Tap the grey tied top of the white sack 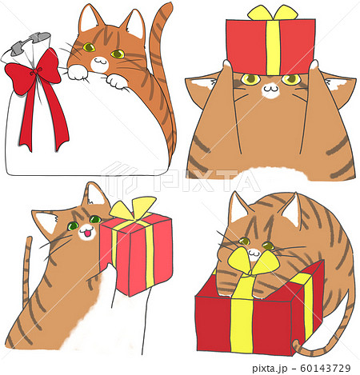[30, 44]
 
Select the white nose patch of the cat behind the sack [99, 64]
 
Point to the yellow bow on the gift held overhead [272, 14]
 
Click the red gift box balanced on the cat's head [270, 46]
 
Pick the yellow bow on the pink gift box [133, 209]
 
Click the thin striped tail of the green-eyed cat [26, 272]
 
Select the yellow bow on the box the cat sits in [254, 262]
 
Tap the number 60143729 [326, 369]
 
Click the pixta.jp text [270, 369]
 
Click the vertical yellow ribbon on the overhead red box [273, 47]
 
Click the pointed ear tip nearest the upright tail [136, 11]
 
